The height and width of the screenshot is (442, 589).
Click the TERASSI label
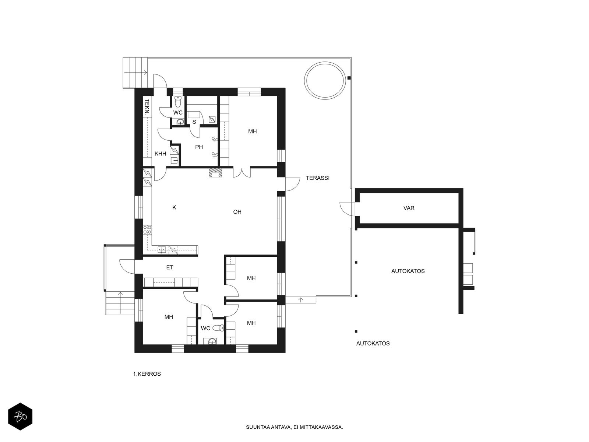317,178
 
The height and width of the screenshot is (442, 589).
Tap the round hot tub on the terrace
324,81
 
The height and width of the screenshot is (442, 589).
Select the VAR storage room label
409,208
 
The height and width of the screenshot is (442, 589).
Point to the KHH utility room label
160,154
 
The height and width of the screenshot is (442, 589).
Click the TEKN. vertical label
147,107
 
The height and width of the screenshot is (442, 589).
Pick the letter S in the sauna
194,122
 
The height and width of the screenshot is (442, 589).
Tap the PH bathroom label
199,147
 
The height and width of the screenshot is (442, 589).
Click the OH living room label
237,212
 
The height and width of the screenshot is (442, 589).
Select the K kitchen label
174,207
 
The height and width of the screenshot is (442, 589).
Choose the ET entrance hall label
170,267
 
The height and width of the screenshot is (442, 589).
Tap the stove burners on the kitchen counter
147,230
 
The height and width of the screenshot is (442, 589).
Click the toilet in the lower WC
218,328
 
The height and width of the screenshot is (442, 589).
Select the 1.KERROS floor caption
147,374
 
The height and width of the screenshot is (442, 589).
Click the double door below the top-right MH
242,172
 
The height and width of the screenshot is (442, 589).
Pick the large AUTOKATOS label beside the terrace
408,271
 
